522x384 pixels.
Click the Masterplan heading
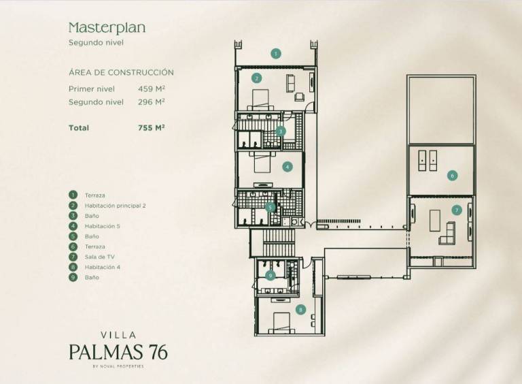[107, 28]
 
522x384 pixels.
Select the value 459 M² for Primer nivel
[152, 89]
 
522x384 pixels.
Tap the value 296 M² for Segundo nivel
[152, 102]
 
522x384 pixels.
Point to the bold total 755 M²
[152, 128]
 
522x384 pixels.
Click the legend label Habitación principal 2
[115, 206]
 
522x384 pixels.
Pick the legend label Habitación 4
[102, 267]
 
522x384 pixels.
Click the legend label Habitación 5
[102, 226]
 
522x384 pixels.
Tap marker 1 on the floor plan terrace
[275, 53]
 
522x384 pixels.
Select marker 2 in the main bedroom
[256, 78]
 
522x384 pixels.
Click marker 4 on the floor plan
[288, 167]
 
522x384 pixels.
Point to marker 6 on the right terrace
[452, 176]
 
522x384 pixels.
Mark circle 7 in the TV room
[457, 210]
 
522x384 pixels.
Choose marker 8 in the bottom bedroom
[300, 310]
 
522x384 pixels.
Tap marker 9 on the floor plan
[270, 275]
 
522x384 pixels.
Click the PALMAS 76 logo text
[118, 352]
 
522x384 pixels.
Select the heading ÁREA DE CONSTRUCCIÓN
[121, 72]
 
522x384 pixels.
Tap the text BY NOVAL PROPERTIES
[118, 366]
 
